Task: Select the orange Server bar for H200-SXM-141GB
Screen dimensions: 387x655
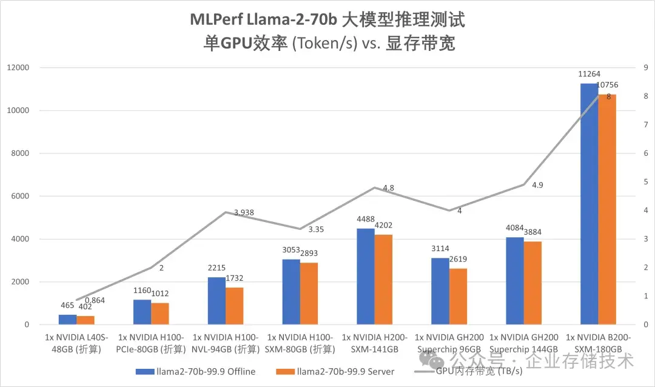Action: pos(383,280)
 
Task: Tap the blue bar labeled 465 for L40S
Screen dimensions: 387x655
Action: pos(67,320)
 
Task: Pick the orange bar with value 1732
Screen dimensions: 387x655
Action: pos(234,306)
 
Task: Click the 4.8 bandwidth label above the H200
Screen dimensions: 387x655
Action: pos(389,188)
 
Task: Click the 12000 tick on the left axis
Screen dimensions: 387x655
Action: pos(18,67)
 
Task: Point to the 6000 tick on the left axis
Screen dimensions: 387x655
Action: pos(20,196)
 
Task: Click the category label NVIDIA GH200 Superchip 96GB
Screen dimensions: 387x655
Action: pos(449,343)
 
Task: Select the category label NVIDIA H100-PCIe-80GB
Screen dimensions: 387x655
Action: pos(151,343)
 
